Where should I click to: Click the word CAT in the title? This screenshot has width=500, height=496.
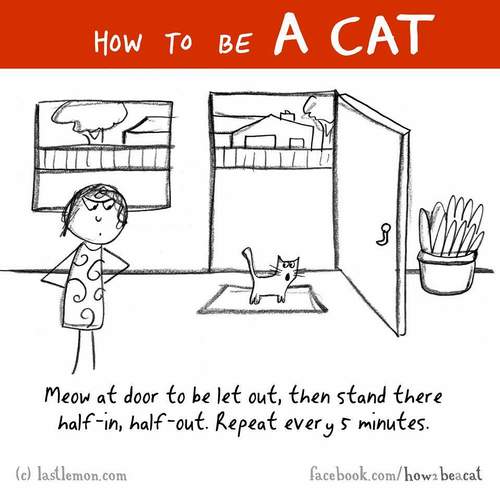[x=383, y=34]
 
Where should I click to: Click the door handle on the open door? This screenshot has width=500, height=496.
[x=384, y=235]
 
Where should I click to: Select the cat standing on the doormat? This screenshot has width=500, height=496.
[x=272, y=276]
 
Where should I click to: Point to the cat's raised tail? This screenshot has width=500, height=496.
[x=249, y=262]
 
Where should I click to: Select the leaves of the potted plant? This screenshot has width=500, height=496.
[x=451, y=225]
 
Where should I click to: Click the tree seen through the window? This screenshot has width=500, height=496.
[x=90, y=121]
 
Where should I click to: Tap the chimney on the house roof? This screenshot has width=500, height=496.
[x=287, y=116]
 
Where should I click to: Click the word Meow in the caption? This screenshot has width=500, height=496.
[x=69, y=396]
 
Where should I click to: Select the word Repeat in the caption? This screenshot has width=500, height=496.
[x=246, y=424]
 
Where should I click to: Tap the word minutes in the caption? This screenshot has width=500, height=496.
[x=392, y=423]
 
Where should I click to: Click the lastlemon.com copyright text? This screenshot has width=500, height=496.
[x=72, y=475]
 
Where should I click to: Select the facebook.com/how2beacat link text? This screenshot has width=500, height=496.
[x=396, y=474]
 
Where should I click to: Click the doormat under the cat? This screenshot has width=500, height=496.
[x=262, y=299]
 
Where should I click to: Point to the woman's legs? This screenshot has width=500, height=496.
[x=85, y=350]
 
